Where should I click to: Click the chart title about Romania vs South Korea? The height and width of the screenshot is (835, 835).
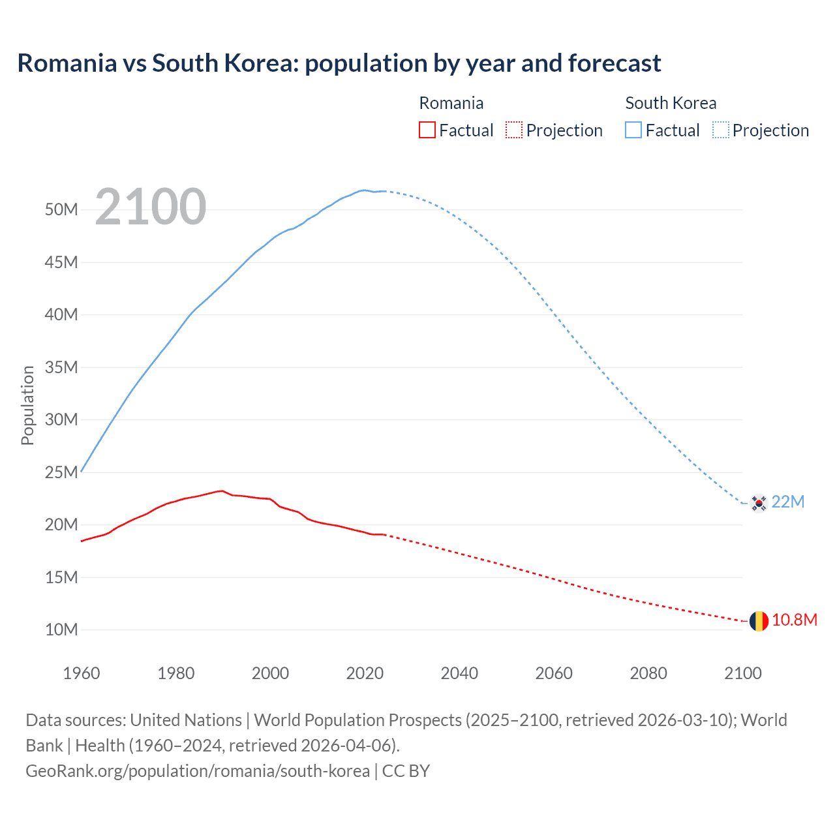pyautogui.click(x=339, y=63)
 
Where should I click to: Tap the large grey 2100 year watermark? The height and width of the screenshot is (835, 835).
pyautogui.click(x=151, y=207)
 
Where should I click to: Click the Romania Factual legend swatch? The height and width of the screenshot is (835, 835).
pyautogui.click(x=427, y=130)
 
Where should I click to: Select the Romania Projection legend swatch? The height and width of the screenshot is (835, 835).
pyautogui.click(x=514, y=130)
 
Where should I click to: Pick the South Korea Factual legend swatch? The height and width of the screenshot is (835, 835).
pyautogui.click(x=633, y=130)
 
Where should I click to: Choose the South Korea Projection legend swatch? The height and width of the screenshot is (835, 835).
pyautogui.click(x=721, y=130)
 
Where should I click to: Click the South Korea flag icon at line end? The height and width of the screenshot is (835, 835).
pyautogui.click(x=758, y=503)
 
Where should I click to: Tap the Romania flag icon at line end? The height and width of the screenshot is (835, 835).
pyautogui.click(x=758, y=621)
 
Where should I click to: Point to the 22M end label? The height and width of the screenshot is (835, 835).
pyautogui.click(x=788, y=502)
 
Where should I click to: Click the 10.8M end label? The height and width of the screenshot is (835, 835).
pyautogui.click(x=794, y=620)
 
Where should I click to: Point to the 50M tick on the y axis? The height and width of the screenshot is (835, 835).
pyautogui.click(x=61, y=209)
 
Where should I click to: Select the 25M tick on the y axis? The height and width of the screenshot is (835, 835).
pyautogui.click(x=61, y=472)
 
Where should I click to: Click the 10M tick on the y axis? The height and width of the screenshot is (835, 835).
pyautogui.click(x=61, y=630)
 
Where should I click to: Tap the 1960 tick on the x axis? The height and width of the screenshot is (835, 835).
pyautogui.click(x=82, y=673)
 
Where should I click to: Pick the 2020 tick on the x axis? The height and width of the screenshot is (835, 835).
pyautogui.click(x=365, y=673)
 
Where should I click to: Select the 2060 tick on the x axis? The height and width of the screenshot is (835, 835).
pyautogui.click(x=554, y=673)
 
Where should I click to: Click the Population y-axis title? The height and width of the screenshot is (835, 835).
pyautogui.click(x=27, y=405)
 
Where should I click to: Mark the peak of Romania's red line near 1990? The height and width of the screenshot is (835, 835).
pyautogui.click(x=222, y=491)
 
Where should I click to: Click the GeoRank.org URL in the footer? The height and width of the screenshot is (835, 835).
pyautogui.click(x=198, y=771)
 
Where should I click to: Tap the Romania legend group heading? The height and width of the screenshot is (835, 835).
pyautogui.click(x=451, y=103)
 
